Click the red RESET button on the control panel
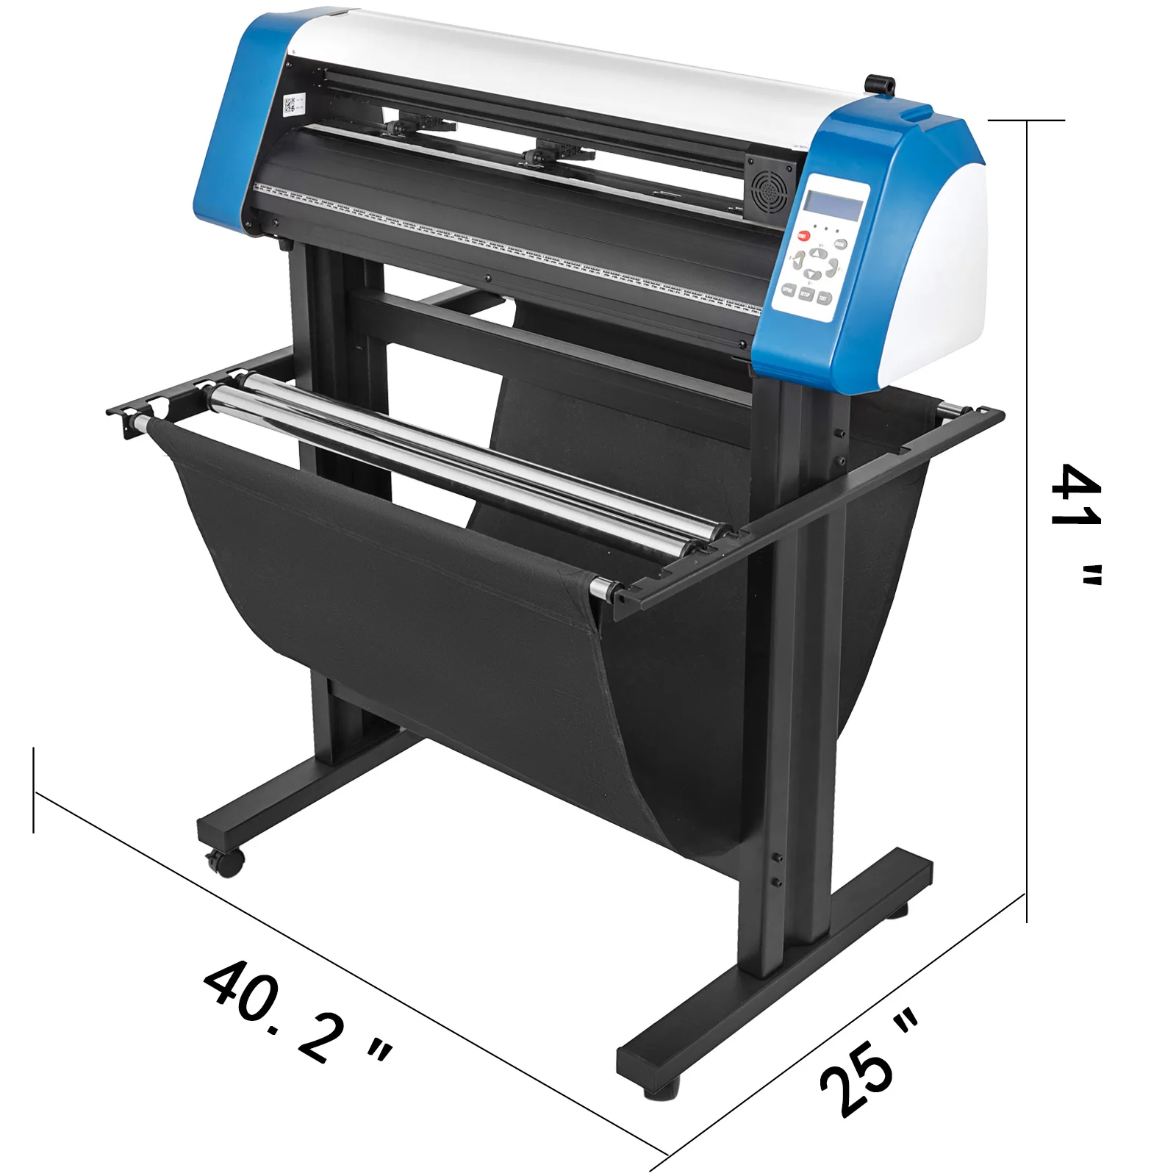tap(803, 236)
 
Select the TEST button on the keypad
tap(824, 298)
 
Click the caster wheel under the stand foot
tap(224, 861)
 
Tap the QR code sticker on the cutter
tap(293, 105)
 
